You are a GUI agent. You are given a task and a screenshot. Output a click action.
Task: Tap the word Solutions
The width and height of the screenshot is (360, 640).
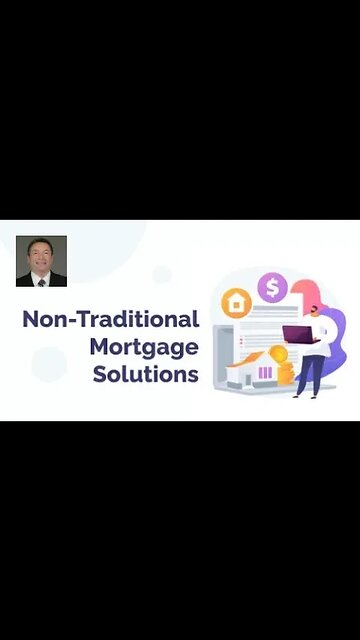(x=146, y=375)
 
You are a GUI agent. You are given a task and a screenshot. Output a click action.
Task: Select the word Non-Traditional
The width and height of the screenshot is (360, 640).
(x=110, y=320)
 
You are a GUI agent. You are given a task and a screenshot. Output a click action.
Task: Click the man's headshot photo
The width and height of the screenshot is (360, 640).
(x=41, y=261)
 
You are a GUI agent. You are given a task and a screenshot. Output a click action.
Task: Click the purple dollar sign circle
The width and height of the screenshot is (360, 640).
(x=272, y=288)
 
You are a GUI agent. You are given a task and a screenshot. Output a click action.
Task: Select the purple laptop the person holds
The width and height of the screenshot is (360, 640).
(x=297, y=334)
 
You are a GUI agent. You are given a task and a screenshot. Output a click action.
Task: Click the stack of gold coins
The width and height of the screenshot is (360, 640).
(x=283, y=371)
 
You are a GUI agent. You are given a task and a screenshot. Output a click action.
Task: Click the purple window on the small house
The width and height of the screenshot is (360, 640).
(x=266, y=374)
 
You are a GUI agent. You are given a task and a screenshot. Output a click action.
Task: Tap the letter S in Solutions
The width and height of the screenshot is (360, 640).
(x=101, y=375)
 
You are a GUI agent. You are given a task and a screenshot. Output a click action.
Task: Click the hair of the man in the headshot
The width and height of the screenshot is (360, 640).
(x=41, y=243)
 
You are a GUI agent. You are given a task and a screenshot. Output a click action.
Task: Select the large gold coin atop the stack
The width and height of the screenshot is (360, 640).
(x=279, y=354)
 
